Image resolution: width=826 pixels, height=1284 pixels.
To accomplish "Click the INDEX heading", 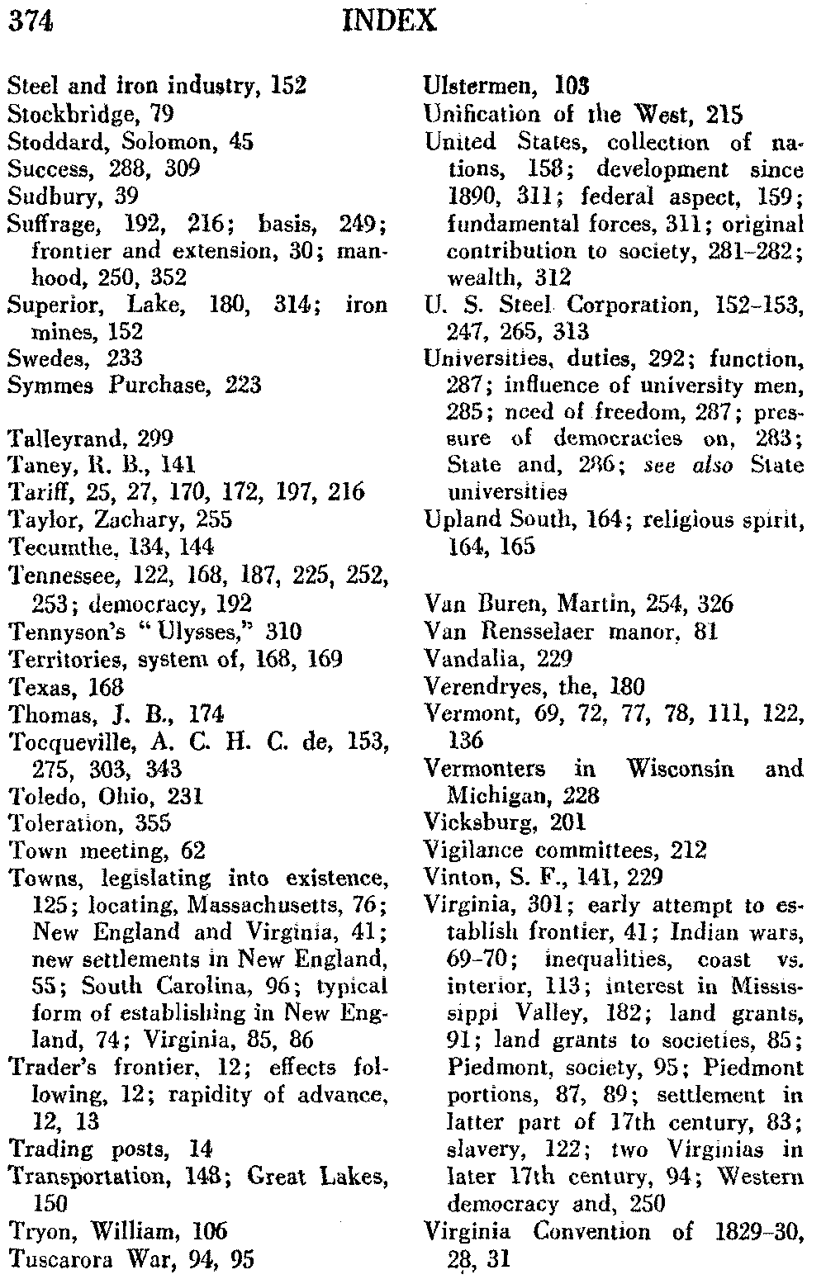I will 388,20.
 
